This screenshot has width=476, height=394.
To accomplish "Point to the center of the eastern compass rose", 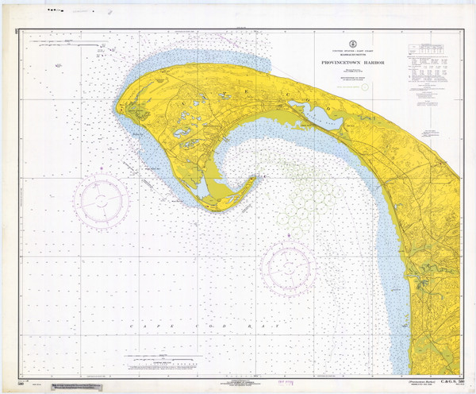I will tap(289, 266).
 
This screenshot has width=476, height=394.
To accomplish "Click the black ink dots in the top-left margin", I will tap(55, 11).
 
